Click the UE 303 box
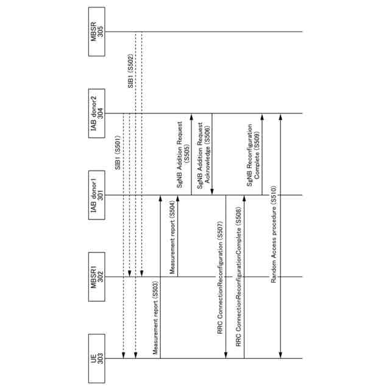click(97, 358)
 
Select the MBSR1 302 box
click(97, 277)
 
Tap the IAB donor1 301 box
click(97, 195)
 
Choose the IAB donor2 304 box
click(97, 113)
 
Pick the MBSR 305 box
click(97, 32)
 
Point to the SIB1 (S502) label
click(130, 73)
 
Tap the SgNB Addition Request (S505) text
click(183, 155)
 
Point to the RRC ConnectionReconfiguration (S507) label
click(220, 277)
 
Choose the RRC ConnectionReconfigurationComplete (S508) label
click(239, 277)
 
